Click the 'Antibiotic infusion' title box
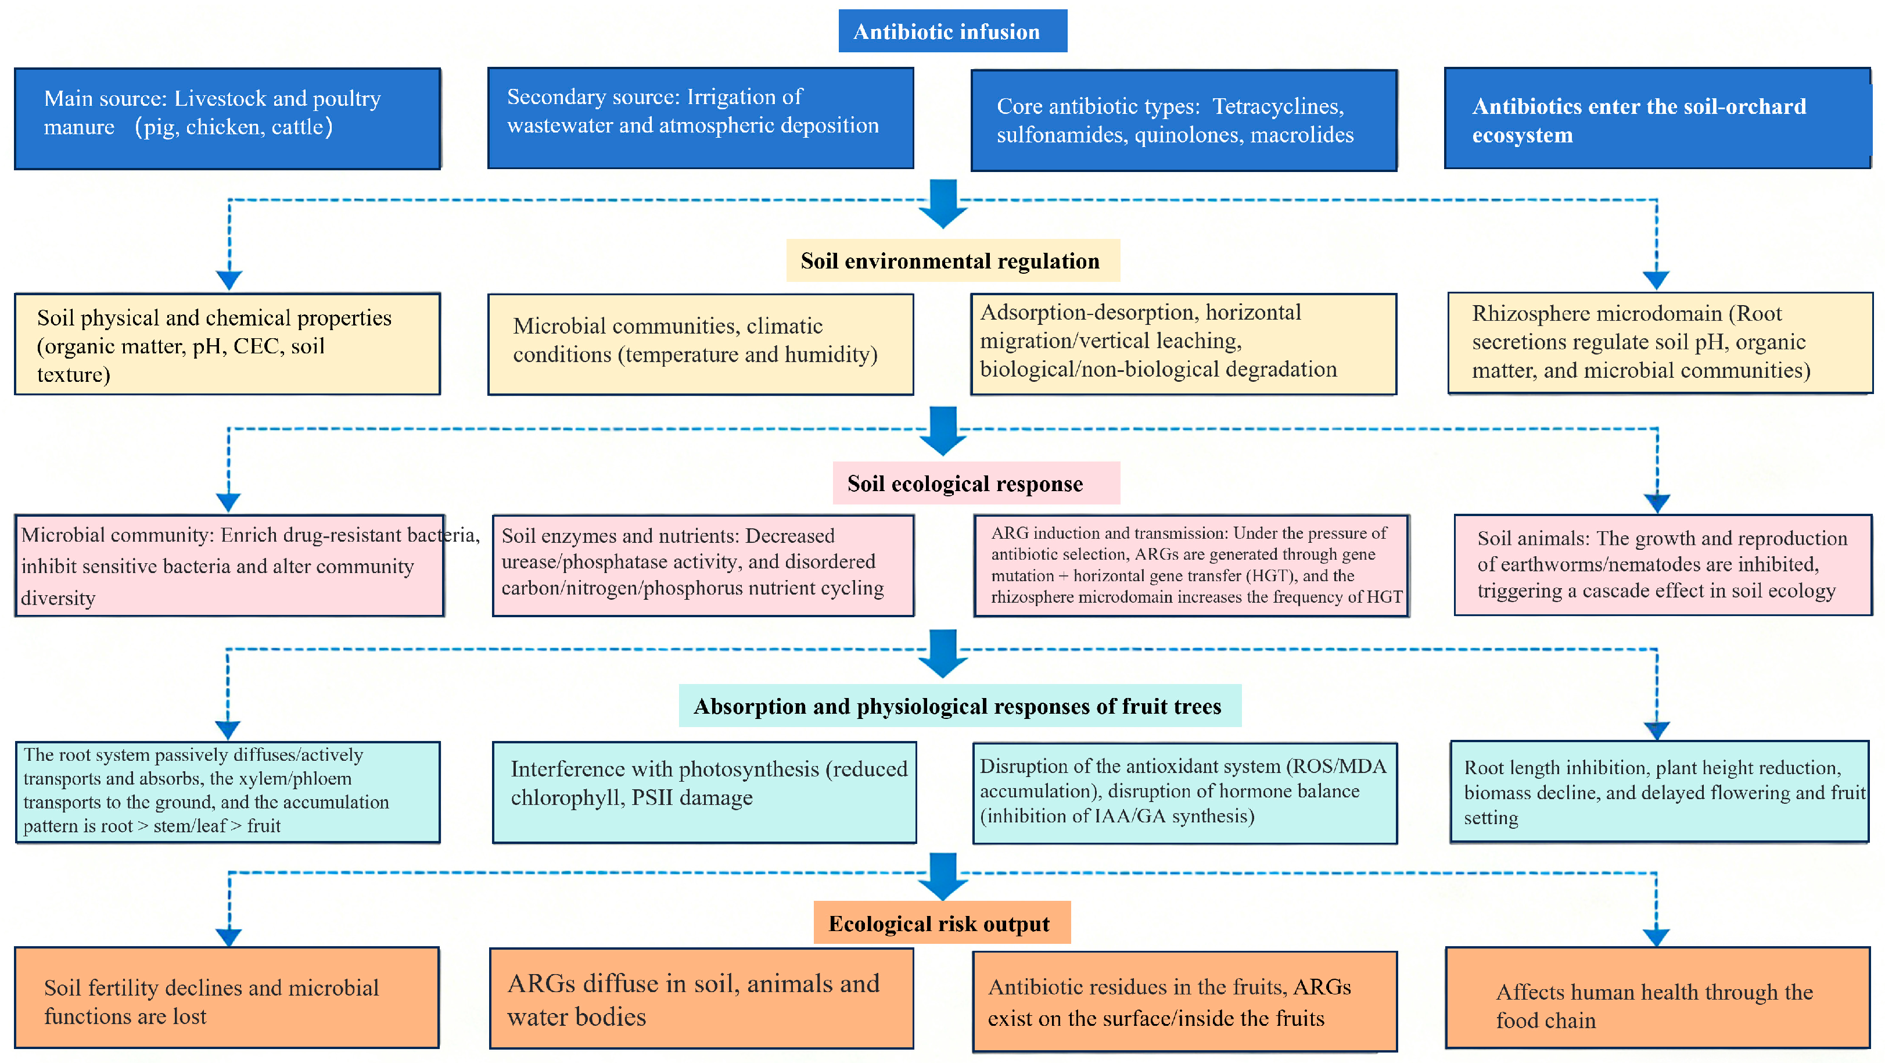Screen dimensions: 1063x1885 (x=952, y=31)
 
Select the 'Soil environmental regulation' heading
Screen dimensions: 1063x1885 (x=952, y=260)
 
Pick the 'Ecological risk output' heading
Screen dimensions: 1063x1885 (x=941, y=923)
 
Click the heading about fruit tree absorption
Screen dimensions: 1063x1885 (x=959, y=706)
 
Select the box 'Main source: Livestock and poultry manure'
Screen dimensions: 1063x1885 (x=227, y=119)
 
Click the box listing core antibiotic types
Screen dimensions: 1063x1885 (x=1183, y=121)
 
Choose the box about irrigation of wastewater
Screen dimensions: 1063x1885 (x=701, y=119)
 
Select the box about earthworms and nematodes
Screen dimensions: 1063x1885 (x=1662, y=565)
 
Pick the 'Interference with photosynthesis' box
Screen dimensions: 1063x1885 (x=704, y=792)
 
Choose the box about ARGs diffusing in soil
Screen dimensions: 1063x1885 (x=701, y=998)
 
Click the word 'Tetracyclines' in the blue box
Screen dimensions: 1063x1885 (x=1277, y=107)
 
